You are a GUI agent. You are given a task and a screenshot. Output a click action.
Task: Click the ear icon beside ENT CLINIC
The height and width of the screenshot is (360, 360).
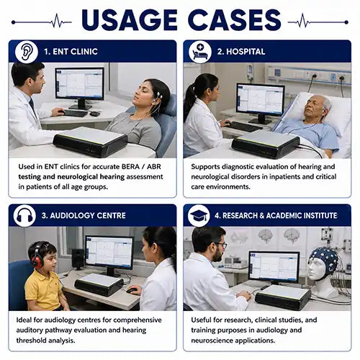tap(27, 52)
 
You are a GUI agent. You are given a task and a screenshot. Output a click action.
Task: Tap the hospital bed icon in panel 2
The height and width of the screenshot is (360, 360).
tap(199, 52)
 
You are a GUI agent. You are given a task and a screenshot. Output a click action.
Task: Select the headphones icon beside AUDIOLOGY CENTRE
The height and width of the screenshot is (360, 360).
tap(24, 216)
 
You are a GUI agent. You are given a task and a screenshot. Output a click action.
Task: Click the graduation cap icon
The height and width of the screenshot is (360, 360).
tap(199, 216)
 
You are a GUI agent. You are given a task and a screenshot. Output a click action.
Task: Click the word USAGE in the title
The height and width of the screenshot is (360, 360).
tap(130, 20)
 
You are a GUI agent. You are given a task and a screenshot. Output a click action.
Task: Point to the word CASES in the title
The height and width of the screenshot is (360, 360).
tap(235, 20)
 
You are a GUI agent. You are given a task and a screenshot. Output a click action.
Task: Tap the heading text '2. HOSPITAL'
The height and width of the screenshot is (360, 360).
tap(241, 52)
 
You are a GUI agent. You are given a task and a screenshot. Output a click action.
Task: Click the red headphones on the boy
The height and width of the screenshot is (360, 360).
tap(36, 256)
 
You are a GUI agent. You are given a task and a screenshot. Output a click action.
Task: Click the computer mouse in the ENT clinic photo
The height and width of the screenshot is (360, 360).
tap(95, 114)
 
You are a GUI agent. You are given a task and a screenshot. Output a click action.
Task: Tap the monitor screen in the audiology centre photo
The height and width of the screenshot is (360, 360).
tap(109, 252)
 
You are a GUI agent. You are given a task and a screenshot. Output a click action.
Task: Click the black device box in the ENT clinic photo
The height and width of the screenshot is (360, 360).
tap(90, 142)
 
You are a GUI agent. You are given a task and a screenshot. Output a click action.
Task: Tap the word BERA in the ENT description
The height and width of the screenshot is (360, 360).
tap(130, 166)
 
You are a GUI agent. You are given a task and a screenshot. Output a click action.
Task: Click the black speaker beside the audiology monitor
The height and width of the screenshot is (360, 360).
tap(78, 258)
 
